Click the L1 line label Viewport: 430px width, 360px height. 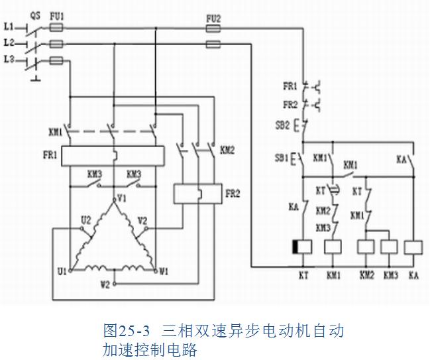(x=9, y=28)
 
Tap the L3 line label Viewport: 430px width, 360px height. (x=9, y=60)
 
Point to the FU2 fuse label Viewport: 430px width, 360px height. (x=213, y=19)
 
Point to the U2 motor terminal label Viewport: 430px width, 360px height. (x=86, y=219)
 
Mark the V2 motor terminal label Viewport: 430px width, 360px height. (x=142, y=219)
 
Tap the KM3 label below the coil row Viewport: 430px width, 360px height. (x=391, y=274)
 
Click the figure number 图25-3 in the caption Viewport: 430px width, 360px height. (x=128, y=330)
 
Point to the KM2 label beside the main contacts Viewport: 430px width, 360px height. (x=227, y=150)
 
